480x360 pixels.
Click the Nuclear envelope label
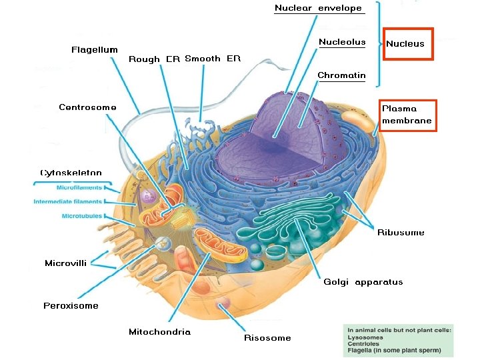point(318,9)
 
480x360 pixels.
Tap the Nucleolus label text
point(342,43)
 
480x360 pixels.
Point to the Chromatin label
point(341,75)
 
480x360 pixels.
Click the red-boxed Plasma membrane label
point(407,115)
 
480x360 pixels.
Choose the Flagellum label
point(95,49)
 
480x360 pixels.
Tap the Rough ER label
point(154,59)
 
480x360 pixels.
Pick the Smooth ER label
point(212,59)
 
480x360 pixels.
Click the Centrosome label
point(87,107)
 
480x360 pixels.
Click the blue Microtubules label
point(81,216)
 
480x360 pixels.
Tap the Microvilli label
point(65,263)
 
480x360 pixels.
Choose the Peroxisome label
point(71,306)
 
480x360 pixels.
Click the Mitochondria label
point(159,332)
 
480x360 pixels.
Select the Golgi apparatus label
point(363,282)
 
